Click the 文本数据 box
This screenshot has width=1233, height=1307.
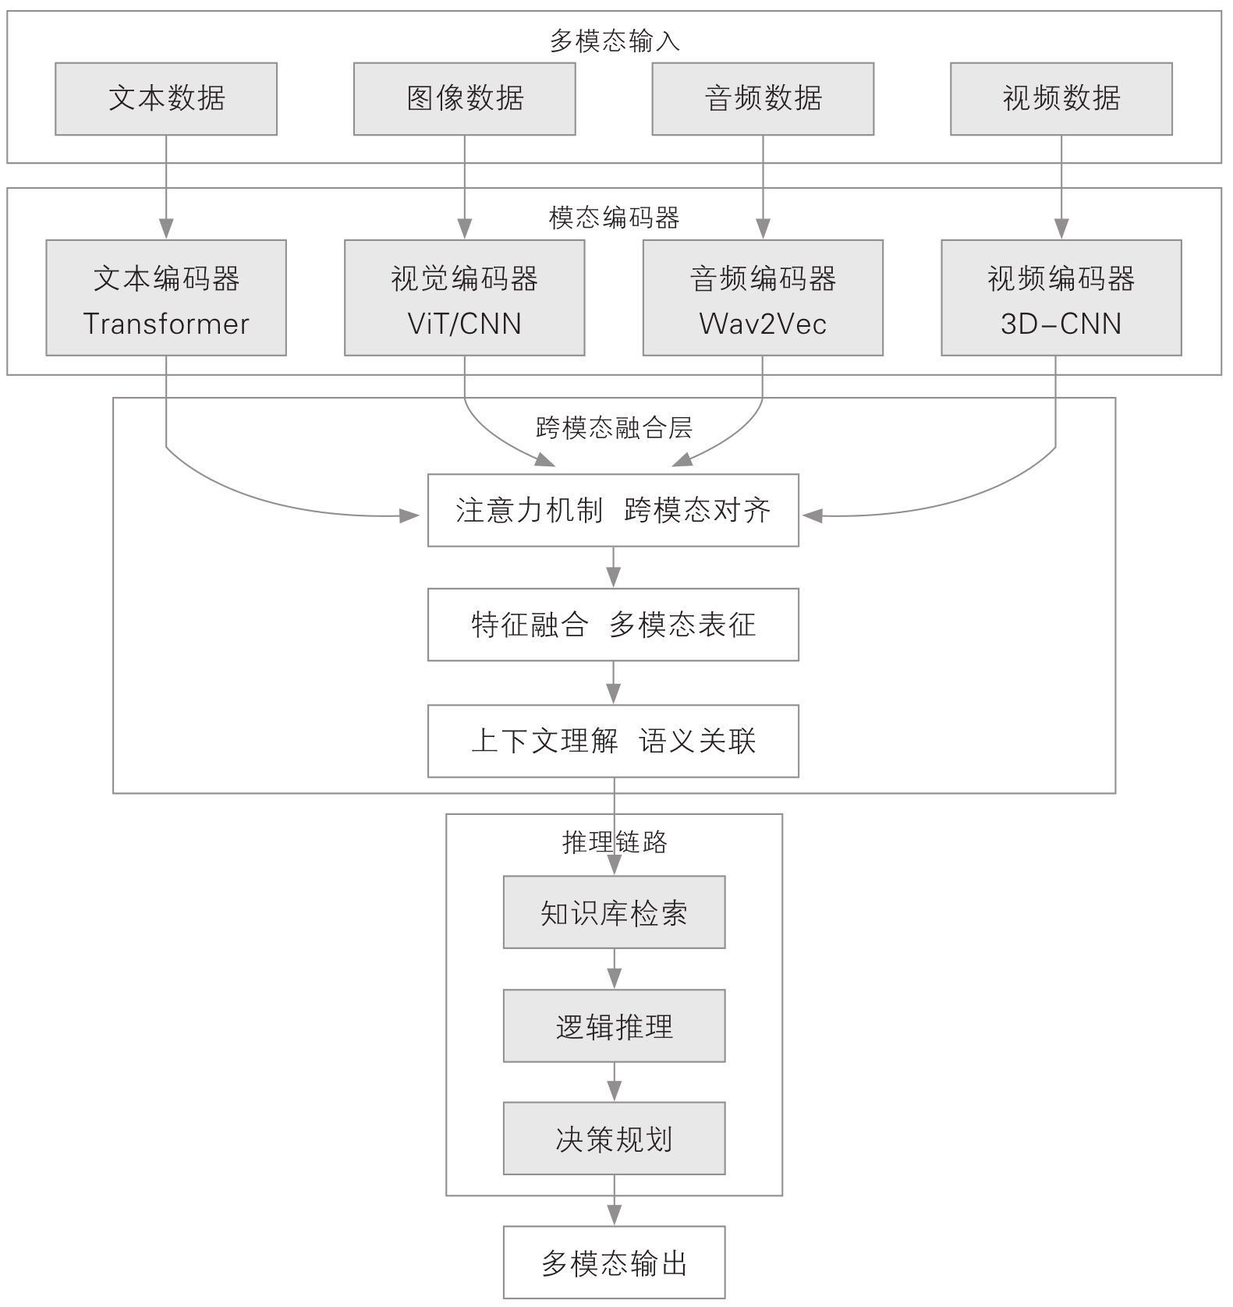tap(166, 99)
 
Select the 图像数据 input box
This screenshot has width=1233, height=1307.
tap(464, 99)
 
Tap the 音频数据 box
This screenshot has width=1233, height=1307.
tap(763, 99)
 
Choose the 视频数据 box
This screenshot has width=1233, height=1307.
tap(1061, 99)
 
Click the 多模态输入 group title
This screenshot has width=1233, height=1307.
tap(615, 41)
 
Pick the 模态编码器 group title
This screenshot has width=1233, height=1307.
tap(615, 218)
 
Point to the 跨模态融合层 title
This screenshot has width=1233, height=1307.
tap(615, 427)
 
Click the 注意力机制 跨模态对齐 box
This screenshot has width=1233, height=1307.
tap(613, 510)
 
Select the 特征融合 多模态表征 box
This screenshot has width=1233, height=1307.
tap(613, 625)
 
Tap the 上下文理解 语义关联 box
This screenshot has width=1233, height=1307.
tap(613, 741)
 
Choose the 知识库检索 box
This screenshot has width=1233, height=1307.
tap(614, 912)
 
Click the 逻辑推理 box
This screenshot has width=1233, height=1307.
tap(614, 1026)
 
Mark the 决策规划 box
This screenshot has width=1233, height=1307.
tap(614, 1139)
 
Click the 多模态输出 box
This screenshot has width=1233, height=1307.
tap(614, 1263)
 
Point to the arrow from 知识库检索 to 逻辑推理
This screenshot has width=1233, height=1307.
tap(615, 969)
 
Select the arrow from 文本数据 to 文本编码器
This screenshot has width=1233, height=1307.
tap(166, 187)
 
